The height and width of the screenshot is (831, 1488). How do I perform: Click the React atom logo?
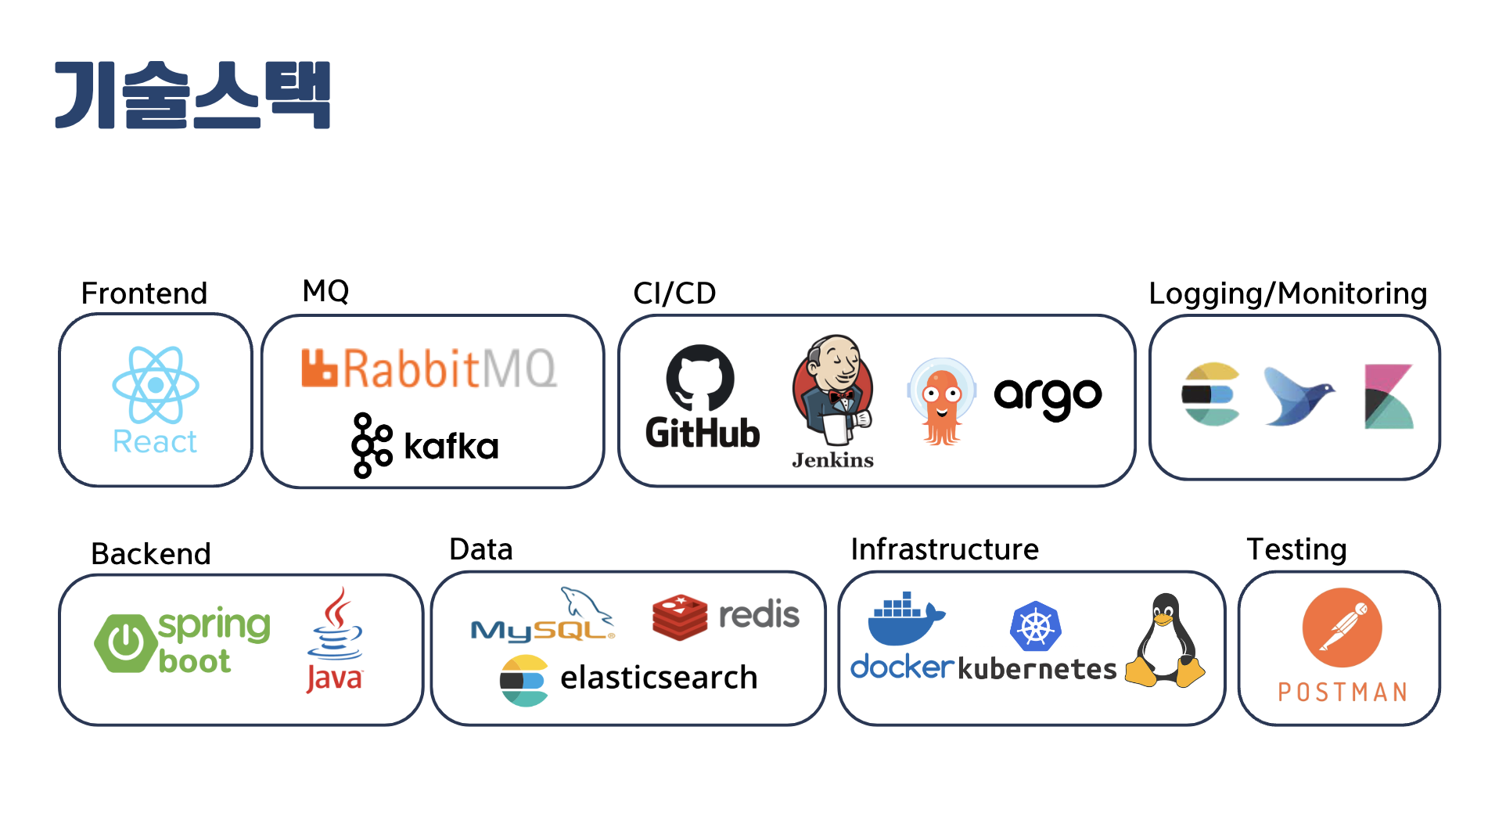[156, 385]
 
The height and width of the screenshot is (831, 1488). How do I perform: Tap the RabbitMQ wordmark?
[430, 369]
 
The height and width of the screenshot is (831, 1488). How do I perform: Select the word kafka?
[451, 447]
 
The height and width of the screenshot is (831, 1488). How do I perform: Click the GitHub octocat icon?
[700, 377]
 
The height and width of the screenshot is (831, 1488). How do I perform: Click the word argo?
[1048, 397]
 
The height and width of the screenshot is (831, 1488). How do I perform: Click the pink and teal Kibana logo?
[1389, 397]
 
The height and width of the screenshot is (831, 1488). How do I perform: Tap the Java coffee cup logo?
[336, 626]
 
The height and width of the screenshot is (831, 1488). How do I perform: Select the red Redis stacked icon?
[679, 617]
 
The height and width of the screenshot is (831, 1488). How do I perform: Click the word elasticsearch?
[659, 678]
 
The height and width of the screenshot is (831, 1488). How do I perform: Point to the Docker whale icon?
[904, 618]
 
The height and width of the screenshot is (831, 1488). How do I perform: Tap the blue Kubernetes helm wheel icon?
[1035, 627]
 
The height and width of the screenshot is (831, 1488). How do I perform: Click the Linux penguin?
[1166, 642]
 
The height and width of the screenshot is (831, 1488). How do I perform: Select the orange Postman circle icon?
[1342, 628]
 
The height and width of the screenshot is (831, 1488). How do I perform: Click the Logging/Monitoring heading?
[1288, 293]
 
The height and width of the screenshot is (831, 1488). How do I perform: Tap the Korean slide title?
[192, 95]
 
